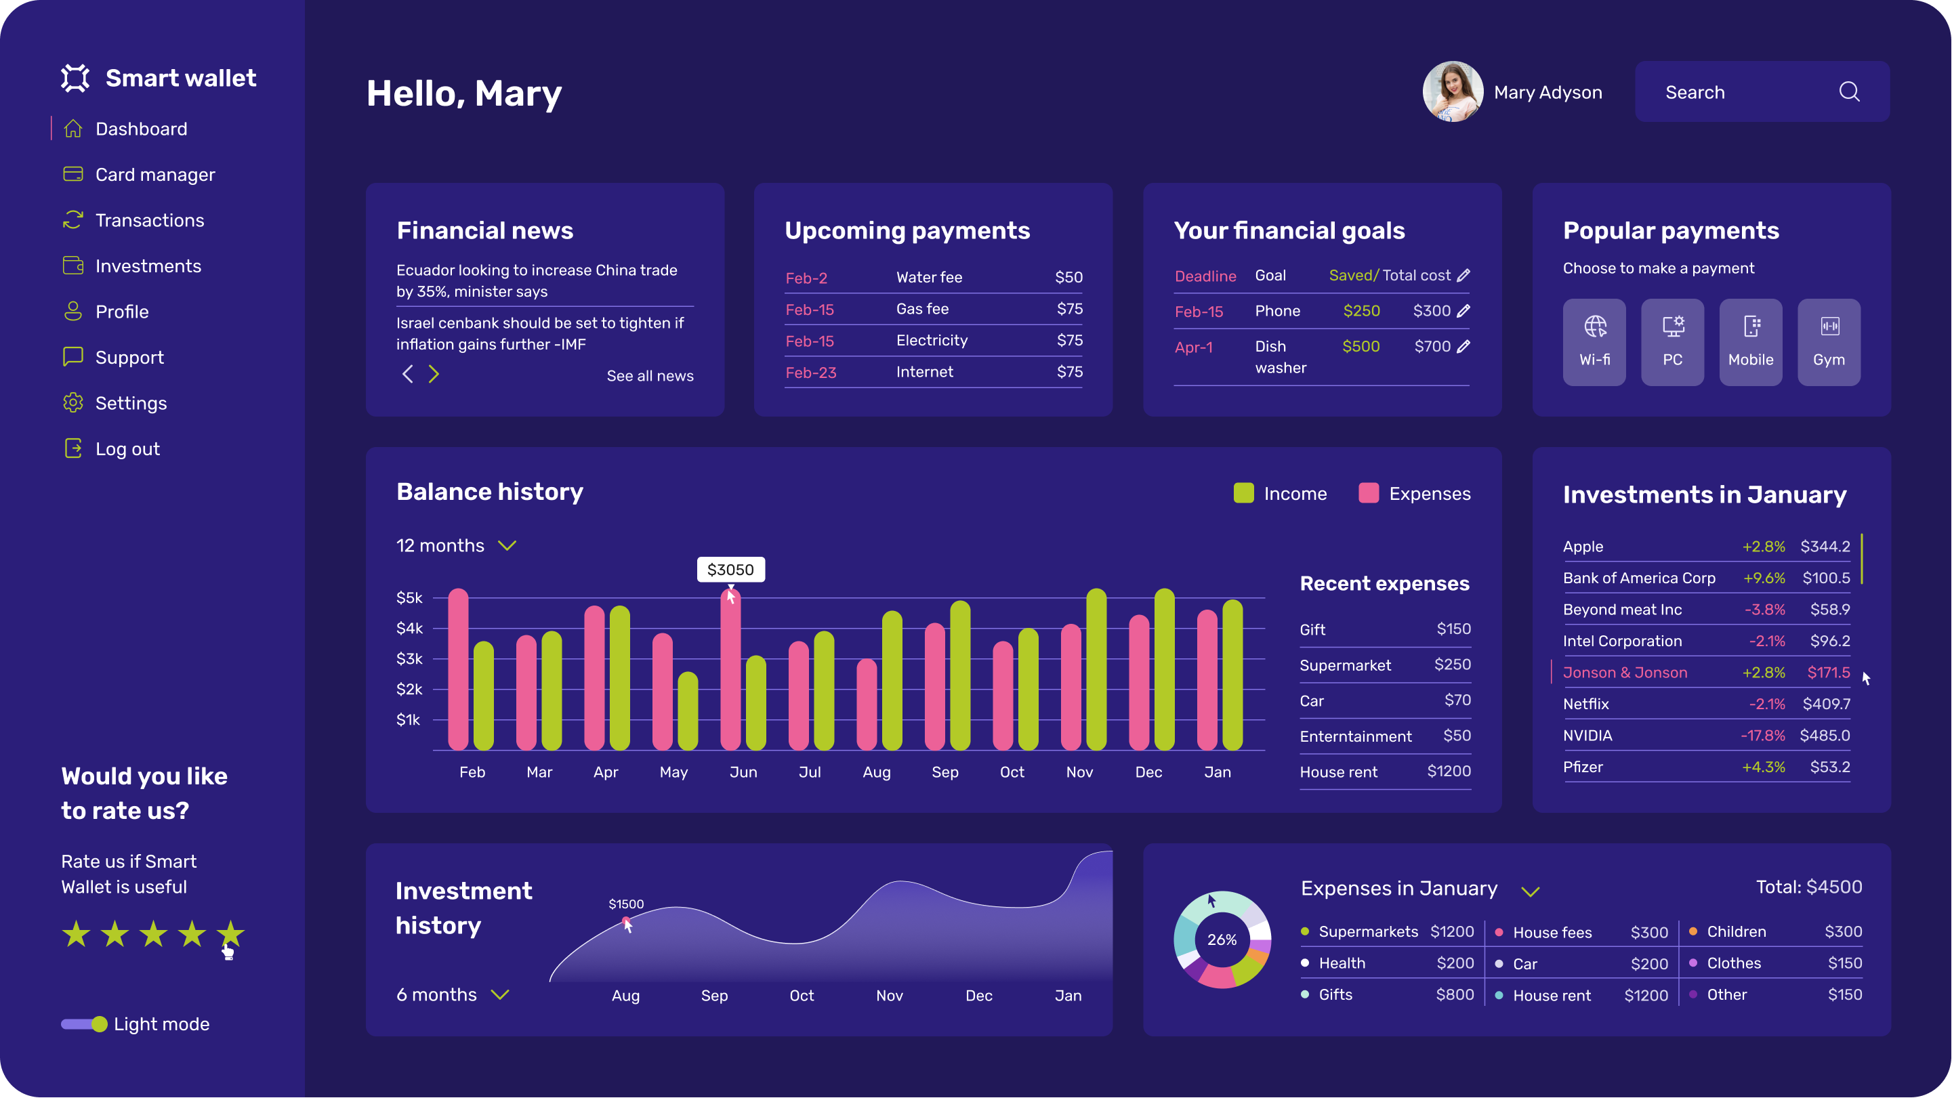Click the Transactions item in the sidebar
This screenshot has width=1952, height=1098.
149,221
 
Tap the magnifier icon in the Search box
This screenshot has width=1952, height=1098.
1849,91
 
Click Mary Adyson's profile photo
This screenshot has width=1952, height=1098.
1453,91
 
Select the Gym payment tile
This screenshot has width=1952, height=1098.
1829,342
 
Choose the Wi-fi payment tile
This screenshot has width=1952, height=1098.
1594,342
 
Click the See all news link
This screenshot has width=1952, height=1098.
649,376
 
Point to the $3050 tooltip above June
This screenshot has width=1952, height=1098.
730,570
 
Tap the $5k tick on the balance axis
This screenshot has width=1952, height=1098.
409,598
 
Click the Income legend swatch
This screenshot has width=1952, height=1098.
1243,493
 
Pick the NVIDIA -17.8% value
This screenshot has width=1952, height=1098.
1762,735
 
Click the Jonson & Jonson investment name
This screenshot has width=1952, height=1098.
1625,672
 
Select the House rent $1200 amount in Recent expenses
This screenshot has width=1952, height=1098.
1449,772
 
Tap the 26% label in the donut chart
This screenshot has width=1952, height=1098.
1222,939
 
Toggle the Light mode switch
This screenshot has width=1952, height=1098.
84,1024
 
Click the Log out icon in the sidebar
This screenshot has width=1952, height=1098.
72,448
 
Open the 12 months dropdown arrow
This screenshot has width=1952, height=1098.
507,545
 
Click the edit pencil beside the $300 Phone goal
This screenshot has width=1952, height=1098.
1463,311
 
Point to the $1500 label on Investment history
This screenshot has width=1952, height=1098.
626,904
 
